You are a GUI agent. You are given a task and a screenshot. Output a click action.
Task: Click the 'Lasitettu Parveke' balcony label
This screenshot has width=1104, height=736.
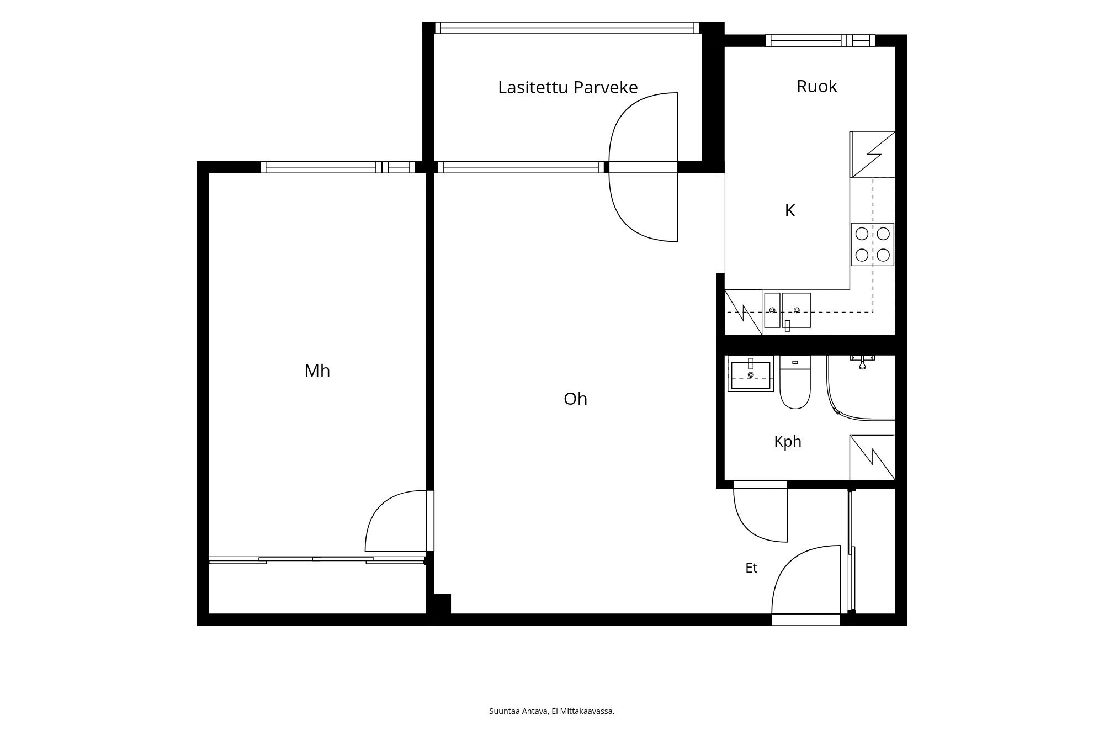(x=567, y=87)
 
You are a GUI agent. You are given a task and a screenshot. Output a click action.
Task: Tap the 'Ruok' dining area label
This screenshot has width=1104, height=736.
(x=817, y=86)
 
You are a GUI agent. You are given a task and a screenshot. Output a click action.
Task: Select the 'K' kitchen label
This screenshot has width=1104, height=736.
(x=790, y=210)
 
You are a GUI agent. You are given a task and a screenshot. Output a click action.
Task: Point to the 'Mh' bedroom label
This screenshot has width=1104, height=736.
(x=317, y=370)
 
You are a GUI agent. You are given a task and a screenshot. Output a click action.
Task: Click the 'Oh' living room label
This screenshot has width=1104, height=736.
(x=575, y=399)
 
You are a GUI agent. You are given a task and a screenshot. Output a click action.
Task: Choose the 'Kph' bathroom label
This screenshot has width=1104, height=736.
(x=788, y=441)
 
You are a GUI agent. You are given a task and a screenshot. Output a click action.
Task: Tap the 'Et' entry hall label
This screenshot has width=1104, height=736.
(x=751, y=568)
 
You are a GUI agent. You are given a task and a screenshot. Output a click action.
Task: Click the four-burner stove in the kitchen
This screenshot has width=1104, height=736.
(x=872, y=244)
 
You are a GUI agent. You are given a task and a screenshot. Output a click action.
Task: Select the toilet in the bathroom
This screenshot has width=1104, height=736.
(x=795, y=382)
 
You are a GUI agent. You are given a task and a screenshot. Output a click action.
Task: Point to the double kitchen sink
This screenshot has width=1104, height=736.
(x=787, y=310)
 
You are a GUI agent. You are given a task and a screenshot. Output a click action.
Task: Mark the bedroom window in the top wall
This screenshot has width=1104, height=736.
(x=338, y=167)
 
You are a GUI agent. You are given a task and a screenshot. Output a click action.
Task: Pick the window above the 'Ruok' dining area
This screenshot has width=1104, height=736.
(x=820, y=40)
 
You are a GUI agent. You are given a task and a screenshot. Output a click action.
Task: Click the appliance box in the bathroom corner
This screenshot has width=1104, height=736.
(x=872, y=457)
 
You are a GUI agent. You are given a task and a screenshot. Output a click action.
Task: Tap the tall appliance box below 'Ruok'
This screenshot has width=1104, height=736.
(x=872, y=154)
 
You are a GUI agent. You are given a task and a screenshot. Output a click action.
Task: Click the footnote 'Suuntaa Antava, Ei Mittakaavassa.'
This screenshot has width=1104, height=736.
(x=552, y=711)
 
